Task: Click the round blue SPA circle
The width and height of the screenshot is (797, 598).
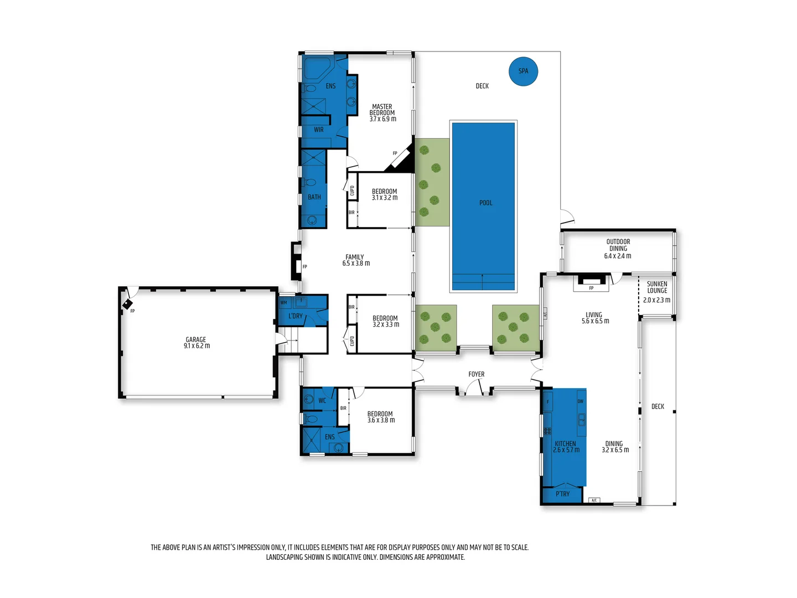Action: coord(523,71)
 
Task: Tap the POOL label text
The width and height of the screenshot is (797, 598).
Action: coord(485,203)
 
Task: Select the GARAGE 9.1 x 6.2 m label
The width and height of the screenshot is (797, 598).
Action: coord(196,343)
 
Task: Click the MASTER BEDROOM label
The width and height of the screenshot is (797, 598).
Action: coord(382,112)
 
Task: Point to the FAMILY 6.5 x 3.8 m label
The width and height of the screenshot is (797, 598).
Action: coord(355,260)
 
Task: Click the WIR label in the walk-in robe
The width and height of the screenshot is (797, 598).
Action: coord(319,130)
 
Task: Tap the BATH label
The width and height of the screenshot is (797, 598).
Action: coord(314,197)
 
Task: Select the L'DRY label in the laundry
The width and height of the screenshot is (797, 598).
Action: coord(296,316)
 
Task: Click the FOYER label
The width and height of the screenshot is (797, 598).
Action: coord(476,374)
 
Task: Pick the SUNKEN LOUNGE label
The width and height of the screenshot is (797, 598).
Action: coord(657,287)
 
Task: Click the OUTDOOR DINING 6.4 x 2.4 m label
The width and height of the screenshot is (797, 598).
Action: coord(618,249)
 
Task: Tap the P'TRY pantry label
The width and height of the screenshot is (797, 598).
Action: coord(562,494)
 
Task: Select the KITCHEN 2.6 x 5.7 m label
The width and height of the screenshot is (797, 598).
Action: coord(566,447)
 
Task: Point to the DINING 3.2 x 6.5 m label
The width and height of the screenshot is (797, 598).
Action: coord(614,447)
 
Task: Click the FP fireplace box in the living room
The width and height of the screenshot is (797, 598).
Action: coord(591,283)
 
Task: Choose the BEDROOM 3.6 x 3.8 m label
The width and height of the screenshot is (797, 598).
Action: coord(381,417)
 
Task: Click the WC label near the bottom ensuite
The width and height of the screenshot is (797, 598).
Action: coord(322,401)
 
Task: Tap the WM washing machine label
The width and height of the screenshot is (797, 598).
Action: coord(283,303)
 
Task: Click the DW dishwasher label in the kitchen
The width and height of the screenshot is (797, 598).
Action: coord(580,401)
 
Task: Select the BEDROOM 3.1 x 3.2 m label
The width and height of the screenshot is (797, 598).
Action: coord(384,194)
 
